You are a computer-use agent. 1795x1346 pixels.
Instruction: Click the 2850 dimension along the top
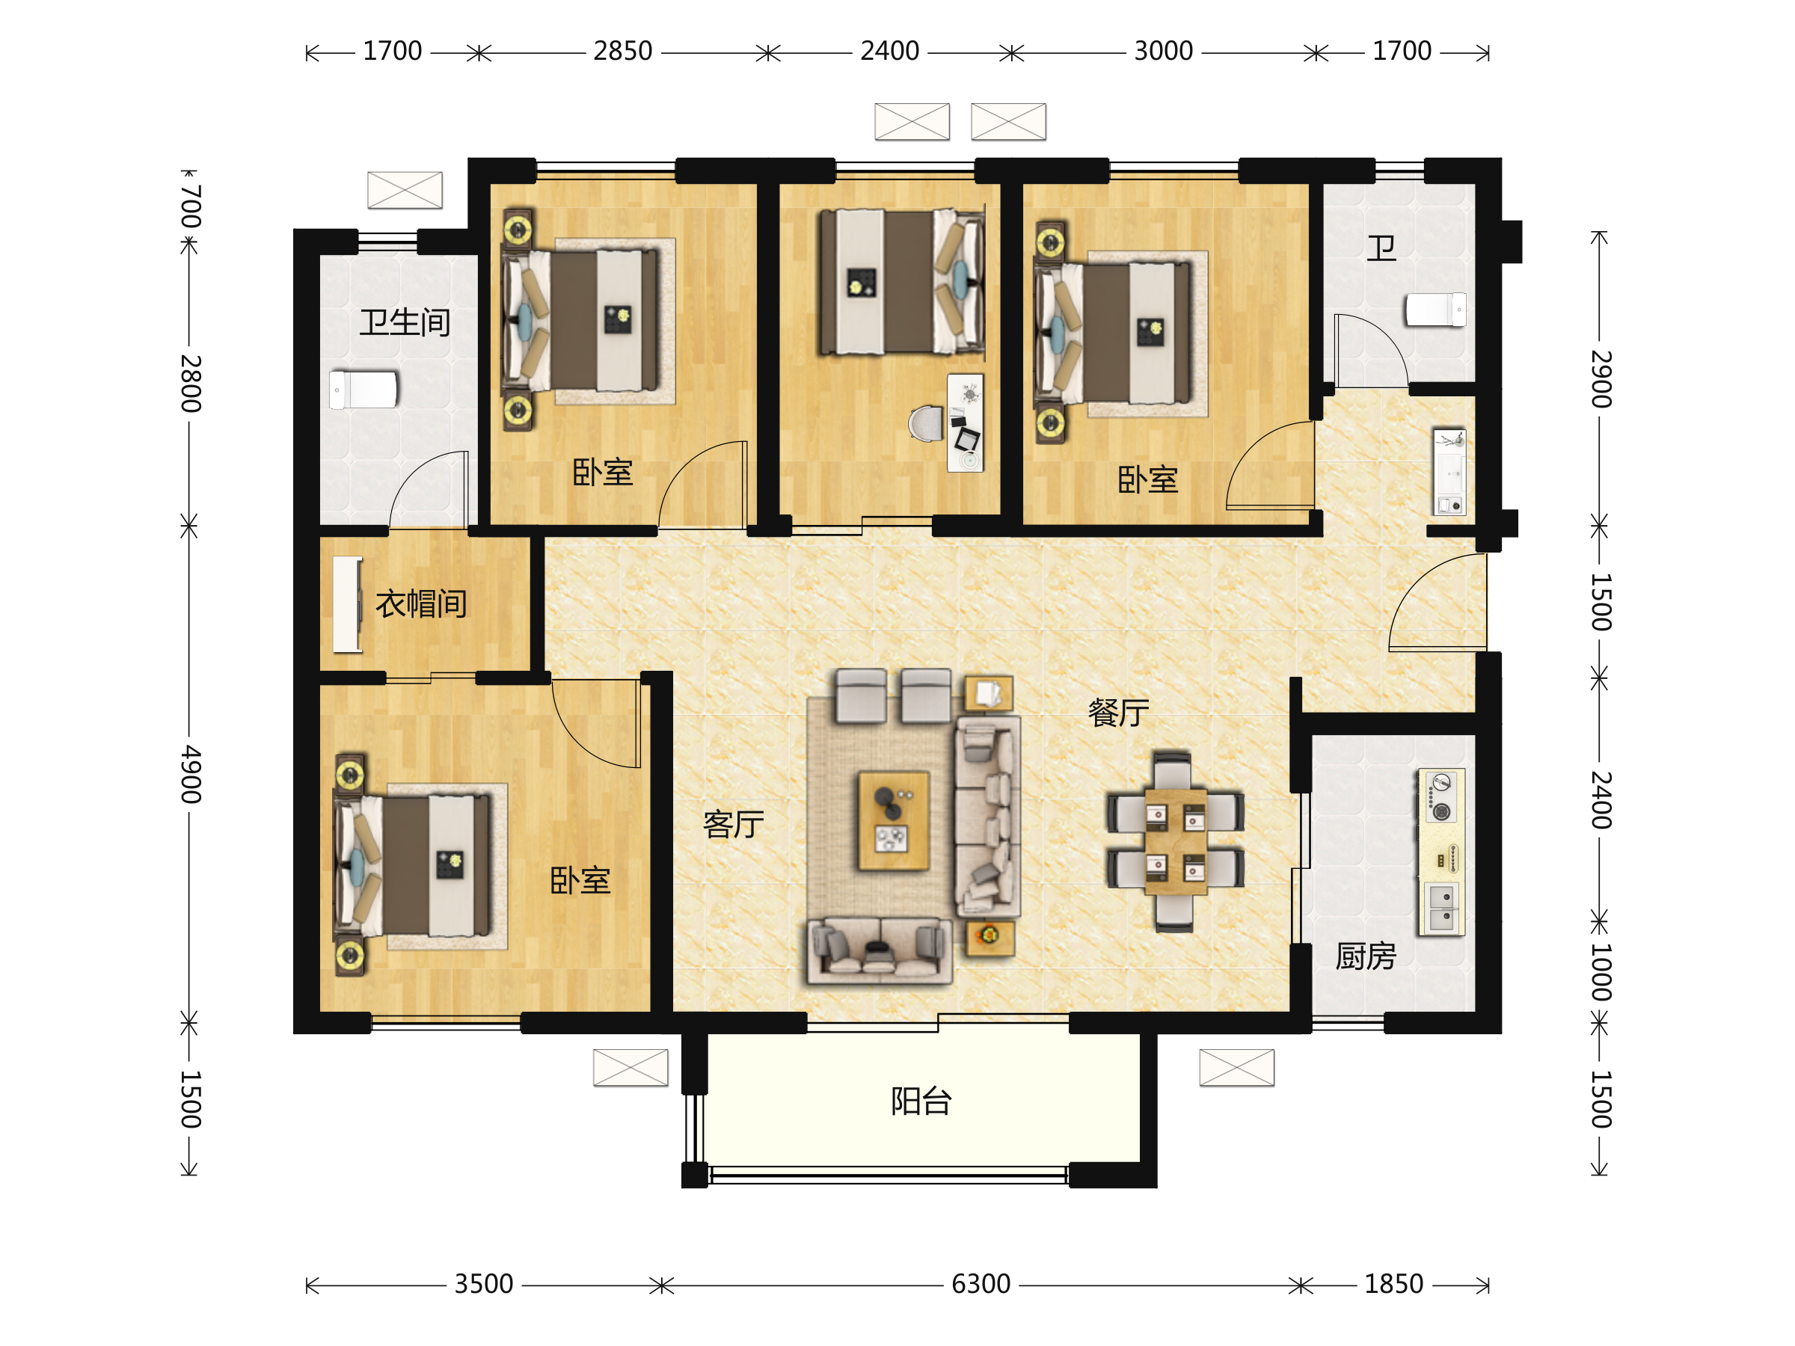[622, 51]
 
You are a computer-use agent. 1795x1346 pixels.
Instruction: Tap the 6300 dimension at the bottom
[981, 1285]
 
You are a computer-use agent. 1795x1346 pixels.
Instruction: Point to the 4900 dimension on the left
[190, 774]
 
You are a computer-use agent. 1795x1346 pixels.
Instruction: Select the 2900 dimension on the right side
[1600, 379]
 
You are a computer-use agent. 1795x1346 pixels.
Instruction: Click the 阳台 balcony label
[921, 1101]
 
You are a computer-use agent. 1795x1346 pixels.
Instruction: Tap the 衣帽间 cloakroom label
[420, 603]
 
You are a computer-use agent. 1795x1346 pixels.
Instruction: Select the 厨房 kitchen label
[1366, 956]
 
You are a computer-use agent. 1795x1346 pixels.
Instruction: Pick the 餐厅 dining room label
[1118, 713]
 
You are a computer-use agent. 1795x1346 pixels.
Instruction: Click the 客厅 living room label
[733, 824]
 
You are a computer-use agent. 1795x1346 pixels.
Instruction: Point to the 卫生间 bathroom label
[405, 322]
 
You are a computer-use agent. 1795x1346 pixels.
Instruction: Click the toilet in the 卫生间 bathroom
[363, 390]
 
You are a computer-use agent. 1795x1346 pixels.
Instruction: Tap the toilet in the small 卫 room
[1435, 310]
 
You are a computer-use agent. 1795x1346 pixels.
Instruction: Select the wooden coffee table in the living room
[894, 820]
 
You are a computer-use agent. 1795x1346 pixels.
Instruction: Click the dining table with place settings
[1175, 841]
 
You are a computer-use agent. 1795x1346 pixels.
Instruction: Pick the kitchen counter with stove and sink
[1441, 852]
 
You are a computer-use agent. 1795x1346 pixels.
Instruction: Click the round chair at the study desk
[927, 423]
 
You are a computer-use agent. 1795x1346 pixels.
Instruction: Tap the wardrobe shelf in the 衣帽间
[347, 604]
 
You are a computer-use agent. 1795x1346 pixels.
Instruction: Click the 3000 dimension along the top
[1163, 51]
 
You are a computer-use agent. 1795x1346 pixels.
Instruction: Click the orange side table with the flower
[989, 937]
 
